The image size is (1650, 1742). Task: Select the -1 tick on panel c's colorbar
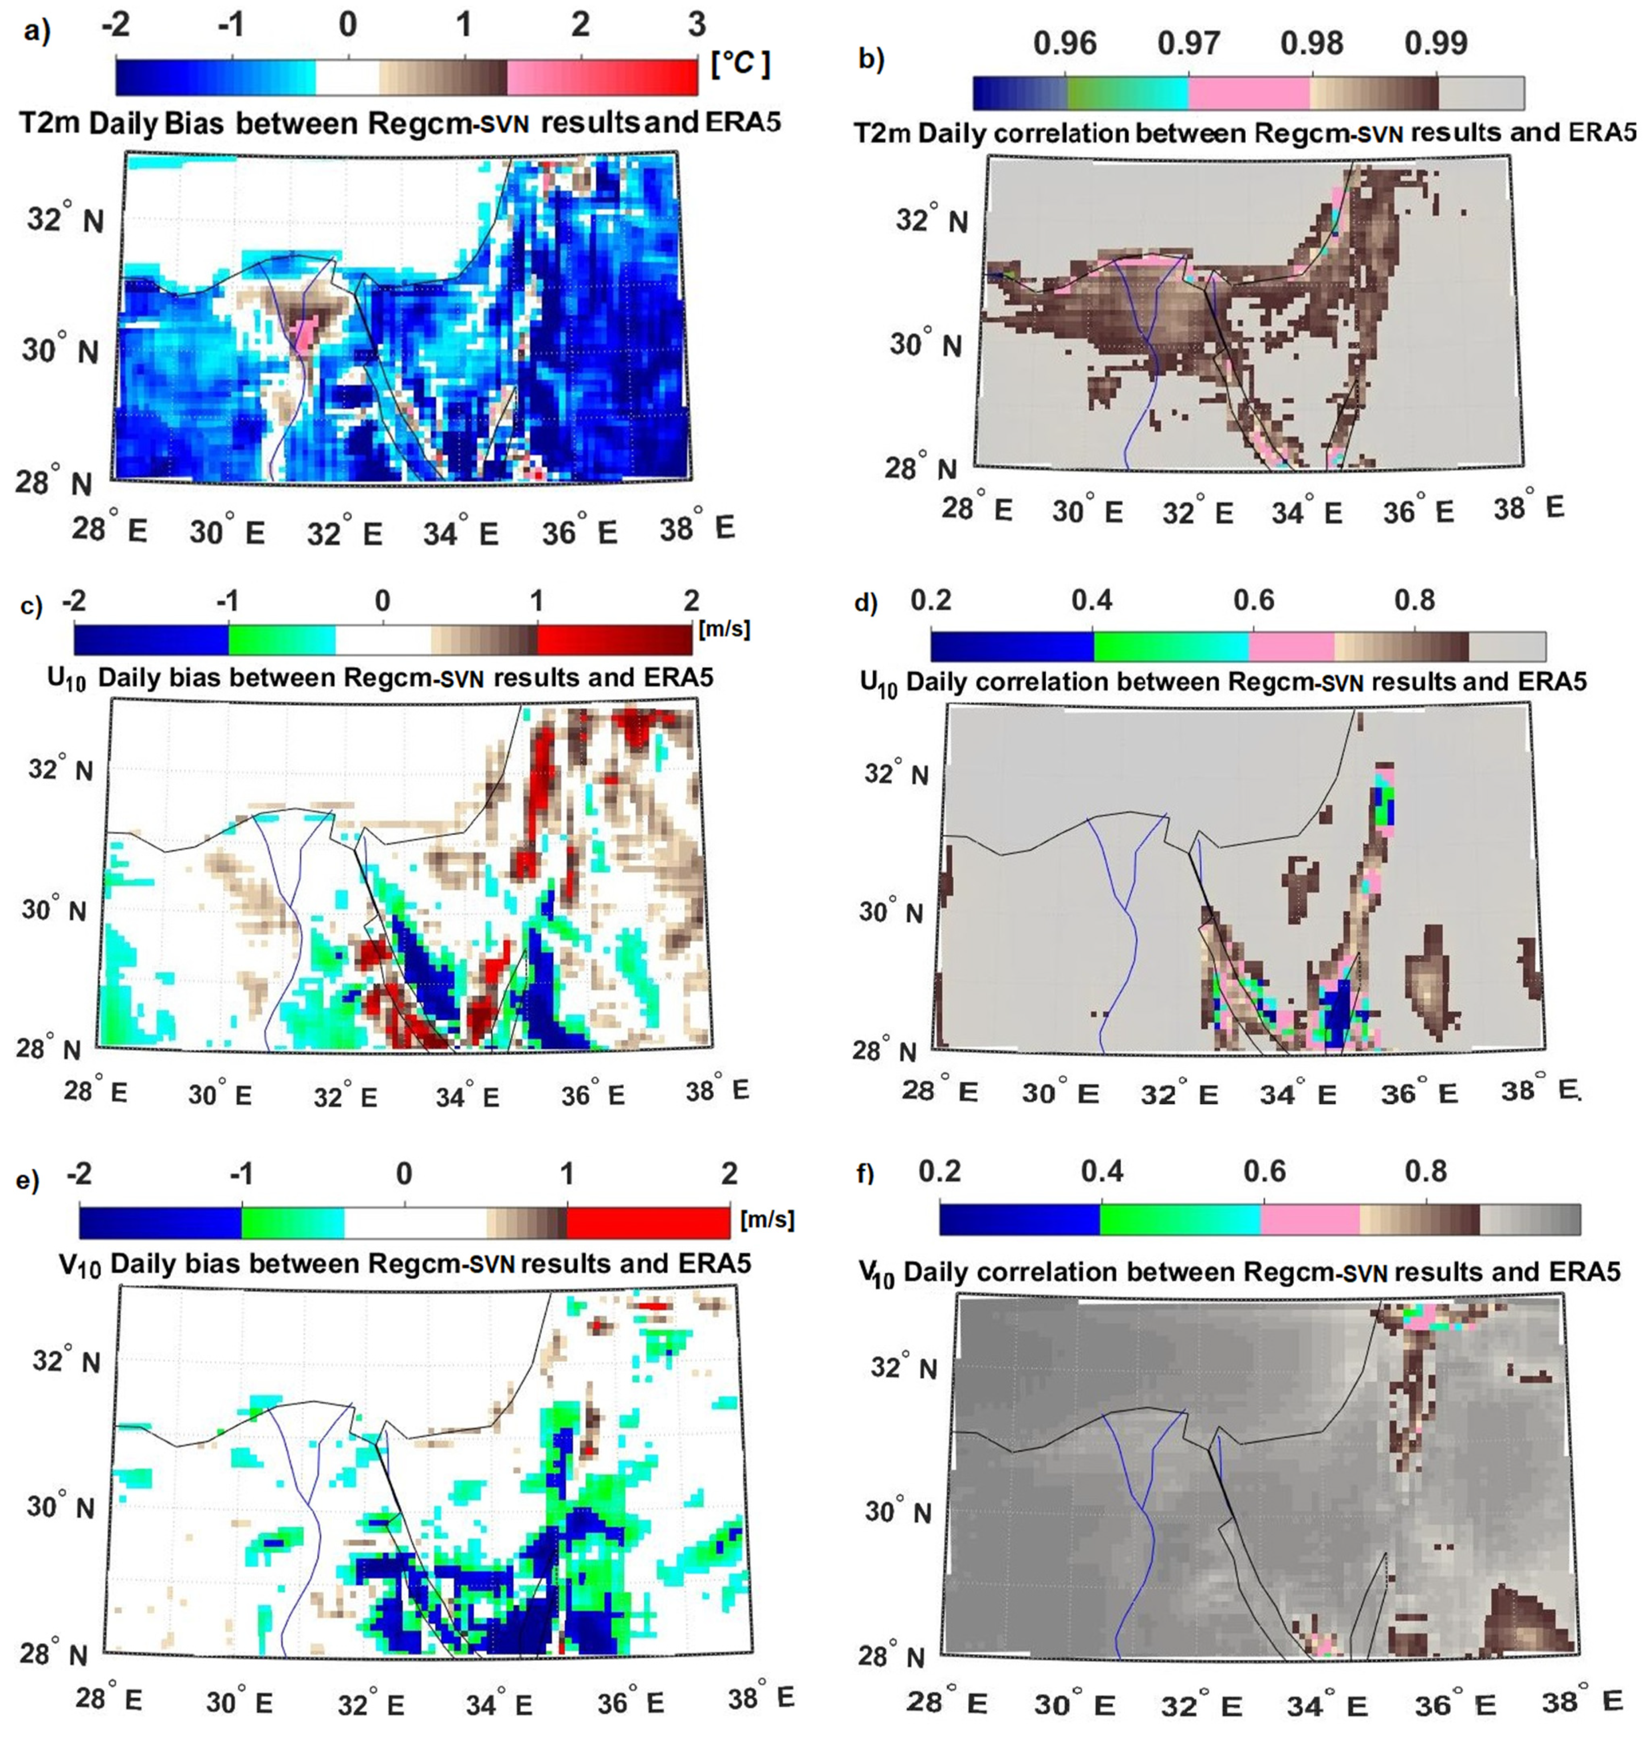pyautogui.click(x=228, y=601)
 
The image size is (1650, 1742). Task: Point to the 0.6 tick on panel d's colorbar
pyautogui.click(x=1253, y=601)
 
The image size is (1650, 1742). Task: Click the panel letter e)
pyautogui.click(x=28, y=1179)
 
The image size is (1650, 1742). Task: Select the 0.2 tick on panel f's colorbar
pyautogui.click(x=939, y=1171)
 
